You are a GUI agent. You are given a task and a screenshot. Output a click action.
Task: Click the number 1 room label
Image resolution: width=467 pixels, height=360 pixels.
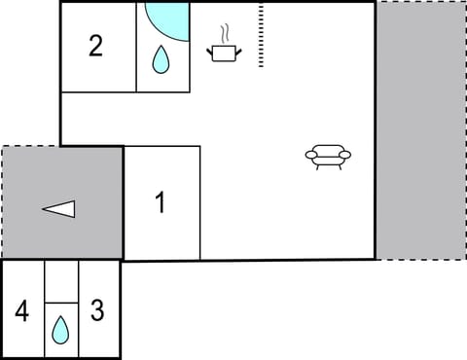pyautogui.click(x=161, y=203)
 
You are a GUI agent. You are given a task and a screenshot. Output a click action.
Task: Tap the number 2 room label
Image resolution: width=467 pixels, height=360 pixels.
pyautogui.click(x=95, y=46)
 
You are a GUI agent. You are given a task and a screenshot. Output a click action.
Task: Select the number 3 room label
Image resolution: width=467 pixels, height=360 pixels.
pyautogui.click(x=97, y=312)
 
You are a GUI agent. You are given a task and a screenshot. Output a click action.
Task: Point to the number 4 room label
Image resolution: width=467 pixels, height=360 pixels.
pyautogui.click(x=22, y=312)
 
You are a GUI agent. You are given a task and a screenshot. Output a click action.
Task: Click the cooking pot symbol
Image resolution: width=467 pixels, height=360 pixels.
pyautogui.click(x=225, y=52)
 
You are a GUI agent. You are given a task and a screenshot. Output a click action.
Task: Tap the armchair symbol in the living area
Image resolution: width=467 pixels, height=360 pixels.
pyautogui.click(x=328, y=156)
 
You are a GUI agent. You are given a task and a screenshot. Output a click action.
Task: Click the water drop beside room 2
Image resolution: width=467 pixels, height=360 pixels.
pyautogui.click(x=161, y=61)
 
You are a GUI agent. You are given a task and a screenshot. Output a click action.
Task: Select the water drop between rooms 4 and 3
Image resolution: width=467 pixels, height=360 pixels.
pyautogui.click(x=60, y=331)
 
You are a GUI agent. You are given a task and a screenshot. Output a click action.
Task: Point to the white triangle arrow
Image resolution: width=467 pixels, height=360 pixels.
pyautogui.click(x=58, y=208)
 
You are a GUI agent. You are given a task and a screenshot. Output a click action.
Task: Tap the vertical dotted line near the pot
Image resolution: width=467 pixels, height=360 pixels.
pyautogui.click(x=261, y=36)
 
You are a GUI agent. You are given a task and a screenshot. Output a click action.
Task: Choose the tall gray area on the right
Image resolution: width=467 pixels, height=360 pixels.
pyautogui.click(x=420, y=129)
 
